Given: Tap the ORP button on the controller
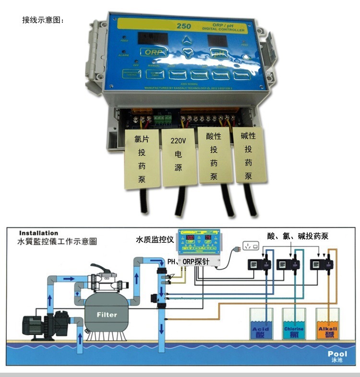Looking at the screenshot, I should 152,52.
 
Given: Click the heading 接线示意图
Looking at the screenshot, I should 43,20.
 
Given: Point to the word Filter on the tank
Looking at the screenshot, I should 107,315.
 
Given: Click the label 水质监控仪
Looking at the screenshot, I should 155,238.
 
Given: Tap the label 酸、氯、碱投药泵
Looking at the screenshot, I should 298,235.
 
